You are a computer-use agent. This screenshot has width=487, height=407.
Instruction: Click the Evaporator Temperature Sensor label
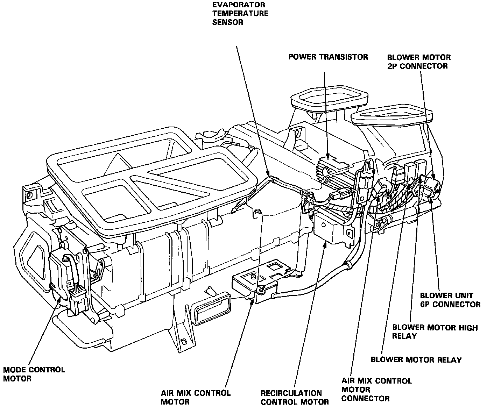(x=240, y=14)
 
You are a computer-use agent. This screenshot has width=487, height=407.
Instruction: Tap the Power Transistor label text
(x=328, y=57)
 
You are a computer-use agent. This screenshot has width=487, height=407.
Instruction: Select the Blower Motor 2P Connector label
(x=419, y=61)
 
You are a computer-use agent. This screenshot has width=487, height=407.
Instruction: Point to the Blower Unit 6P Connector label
(x=450, y=300)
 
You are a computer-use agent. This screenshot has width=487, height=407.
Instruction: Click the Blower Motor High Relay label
(x=435, y=331)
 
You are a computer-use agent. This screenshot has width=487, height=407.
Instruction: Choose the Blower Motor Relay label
(x=416, y=359)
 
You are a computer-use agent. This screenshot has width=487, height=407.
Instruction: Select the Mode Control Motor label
(x=34, y=374)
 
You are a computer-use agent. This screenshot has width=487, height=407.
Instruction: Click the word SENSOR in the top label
(x=227, y=22)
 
